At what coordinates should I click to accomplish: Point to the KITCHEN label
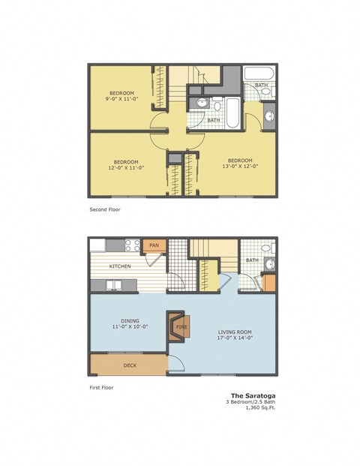point(121,266)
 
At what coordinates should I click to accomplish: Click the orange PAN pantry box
point(155,245)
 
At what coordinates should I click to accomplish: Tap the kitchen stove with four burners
point(133,245)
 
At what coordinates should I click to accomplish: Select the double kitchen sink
point(115,285)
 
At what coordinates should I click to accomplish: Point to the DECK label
point(130,365)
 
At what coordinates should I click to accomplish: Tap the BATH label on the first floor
point(252,260)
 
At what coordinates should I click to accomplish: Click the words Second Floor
point(104,210)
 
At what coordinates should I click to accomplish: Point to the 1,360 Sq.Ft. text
point(259,408)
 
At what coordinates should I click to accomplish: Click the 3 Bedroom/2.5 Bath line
point(251,402)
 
